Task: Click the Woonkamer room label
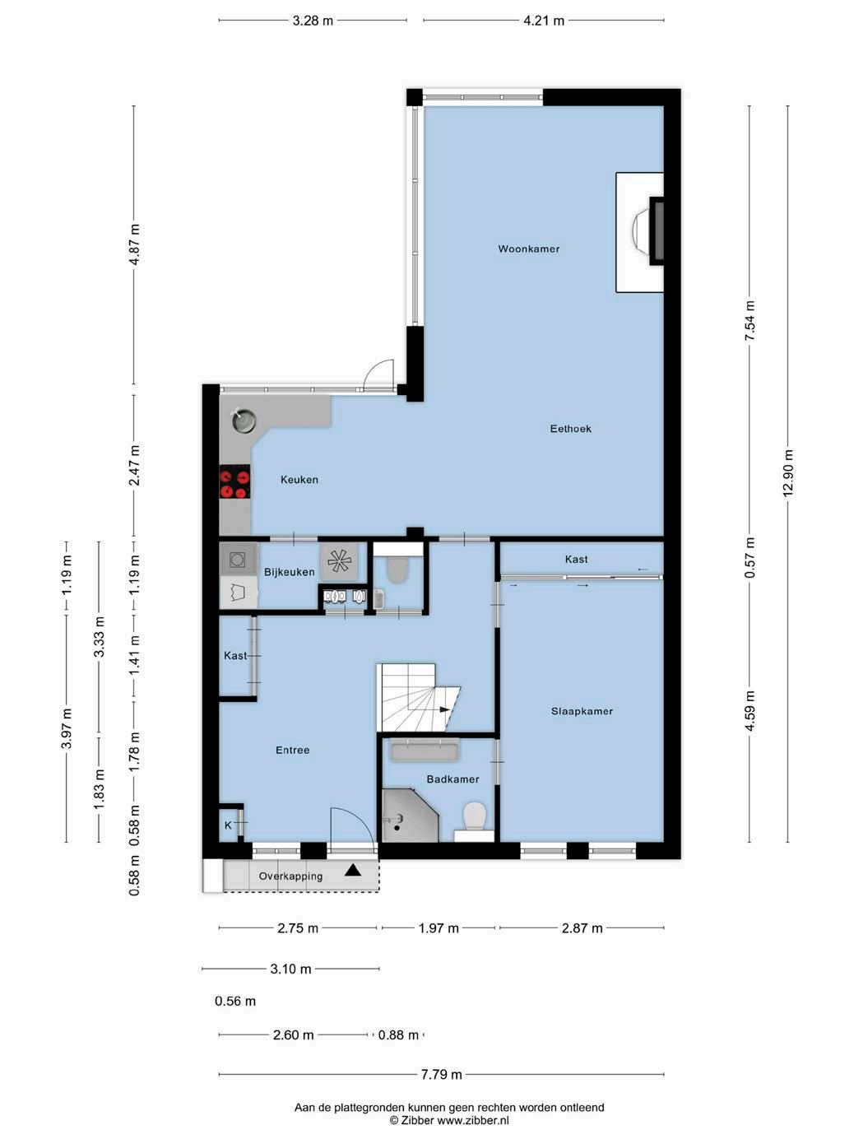click(528, 249)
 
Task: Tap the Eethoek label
click(570, 429)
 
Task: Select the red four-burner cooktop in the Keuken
click(234, 482)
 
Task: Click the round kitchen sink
click(244, 420)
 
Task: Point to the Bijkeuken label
click(290, 572)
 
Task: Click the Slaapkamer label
click(582, 711)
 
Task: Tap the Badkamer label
click(453, 779)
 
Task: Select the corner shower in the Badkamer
click(411, 816)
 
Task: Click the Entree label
click(292, 750)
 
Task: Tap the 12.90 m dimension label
click(787, 472)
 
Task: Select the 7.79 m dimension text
click(441, 1074)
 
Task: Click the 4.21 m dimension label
click(543, 21)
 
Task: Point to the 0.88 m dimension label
click(398, 1035)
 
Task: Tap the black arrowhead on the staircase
click(444, 709)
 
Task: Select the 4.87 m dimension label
click(134, 244)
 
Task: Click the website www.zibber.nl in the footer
click(473, 1120)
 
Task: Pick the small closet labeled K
click(228, 825)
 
